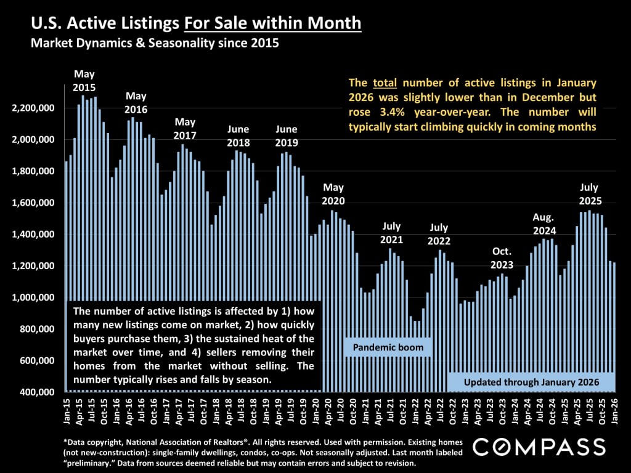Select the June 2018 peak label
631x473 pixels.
(238, 135)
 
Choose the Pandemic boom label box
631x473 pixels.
(388, 348)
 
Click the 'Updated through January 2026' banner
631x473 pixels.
(531, 382)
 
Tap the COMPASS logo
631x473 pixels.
(539, 446)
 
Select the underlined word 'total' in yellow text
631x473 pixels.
(383, 83)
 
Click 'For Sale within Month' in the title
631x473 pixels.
(272, 24)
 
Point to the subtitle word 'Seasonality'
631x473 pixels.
(193, 44)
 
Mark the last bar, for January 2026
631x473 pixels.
(614, 326)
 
